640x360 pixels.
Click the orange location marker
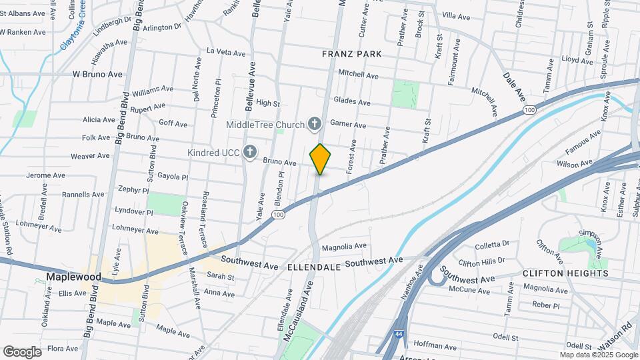[320, 159]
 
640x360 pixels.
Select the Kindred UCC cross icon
[250, 153]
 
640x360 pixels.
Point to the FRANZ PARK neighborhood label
[350, 53]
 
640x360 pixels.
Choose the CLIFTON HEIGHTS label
[565, 273]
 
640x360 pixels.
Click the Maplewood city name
[73, 276]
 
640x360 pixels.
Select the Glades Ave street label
[352, 102]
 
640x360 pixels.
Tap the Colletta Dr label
[493, 243]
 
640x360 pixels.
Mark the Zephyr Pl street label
[132, 190]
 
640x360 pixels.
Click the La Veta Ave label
[227, 51]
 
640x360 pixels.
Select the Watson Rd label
[618, 339]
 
